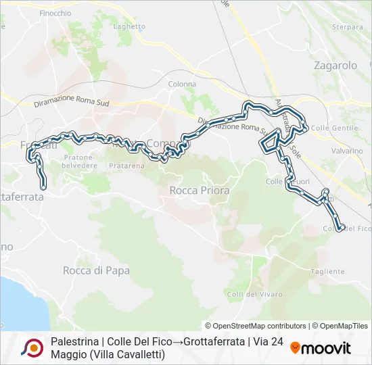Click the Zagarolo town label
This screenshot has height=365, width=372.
(x=335, y=66)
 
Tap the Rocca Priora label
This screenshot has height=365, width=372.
(x=200, y=191)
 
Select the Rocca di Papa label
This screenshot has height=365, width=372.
(x=96, y=270)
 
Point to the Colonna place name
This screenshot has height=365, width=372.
(x=182, y=84)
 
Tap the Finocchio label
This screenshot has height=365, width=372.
(x=55, y=13)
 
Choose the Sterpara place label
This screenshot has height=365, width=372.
(x=348, y=27)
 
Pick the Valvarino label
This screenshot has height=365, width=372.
(x=348, y=151)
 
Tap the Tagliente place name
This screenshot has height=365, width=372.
(x=328, y=271)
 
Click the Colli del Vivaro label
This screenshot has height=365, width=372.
(x=248, y=294)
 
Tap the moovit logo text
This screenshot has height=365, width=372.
(x=327, y=349)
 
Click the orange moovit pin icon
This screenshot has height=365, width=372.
(x=296, y=348)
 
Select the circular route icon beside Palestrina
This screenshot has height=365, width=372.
(x=32, y=347)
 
